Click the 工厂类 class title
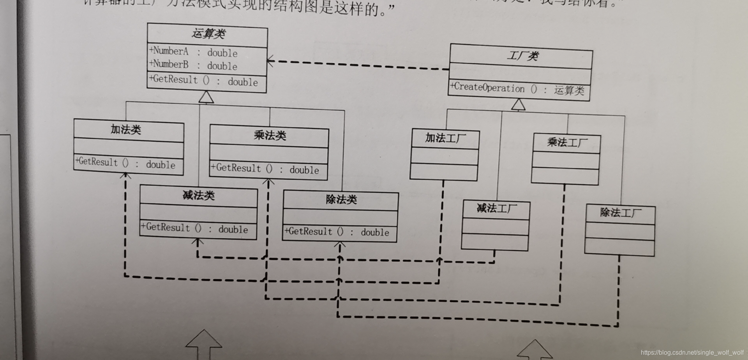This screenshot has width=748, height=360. [522, 56]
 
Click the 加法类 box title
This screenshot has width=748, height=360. [125, 129]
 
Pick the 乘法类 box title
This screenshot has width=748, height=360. [270, 136]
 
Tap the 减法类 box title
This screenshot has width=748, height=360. [199, 195]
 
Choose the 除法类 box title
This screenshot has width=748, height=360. [341, 199]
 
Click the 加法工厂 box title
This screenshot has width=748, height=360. [445, 138]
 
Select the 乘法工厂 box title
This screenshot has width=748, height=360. [567, 142]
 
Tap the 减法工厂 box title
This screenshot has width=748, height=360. [497, 208]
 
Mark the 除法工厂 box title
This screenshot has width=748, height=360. [621, 213]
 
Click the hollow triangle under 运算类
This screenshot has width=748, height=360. [206, 97]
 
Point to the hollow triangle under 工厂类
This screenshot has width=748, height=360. [518, 104]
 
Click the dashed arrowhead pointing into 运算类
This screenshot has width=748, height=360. [270, 61]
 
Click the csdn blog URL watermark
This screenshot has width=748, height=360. [692, 353]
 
